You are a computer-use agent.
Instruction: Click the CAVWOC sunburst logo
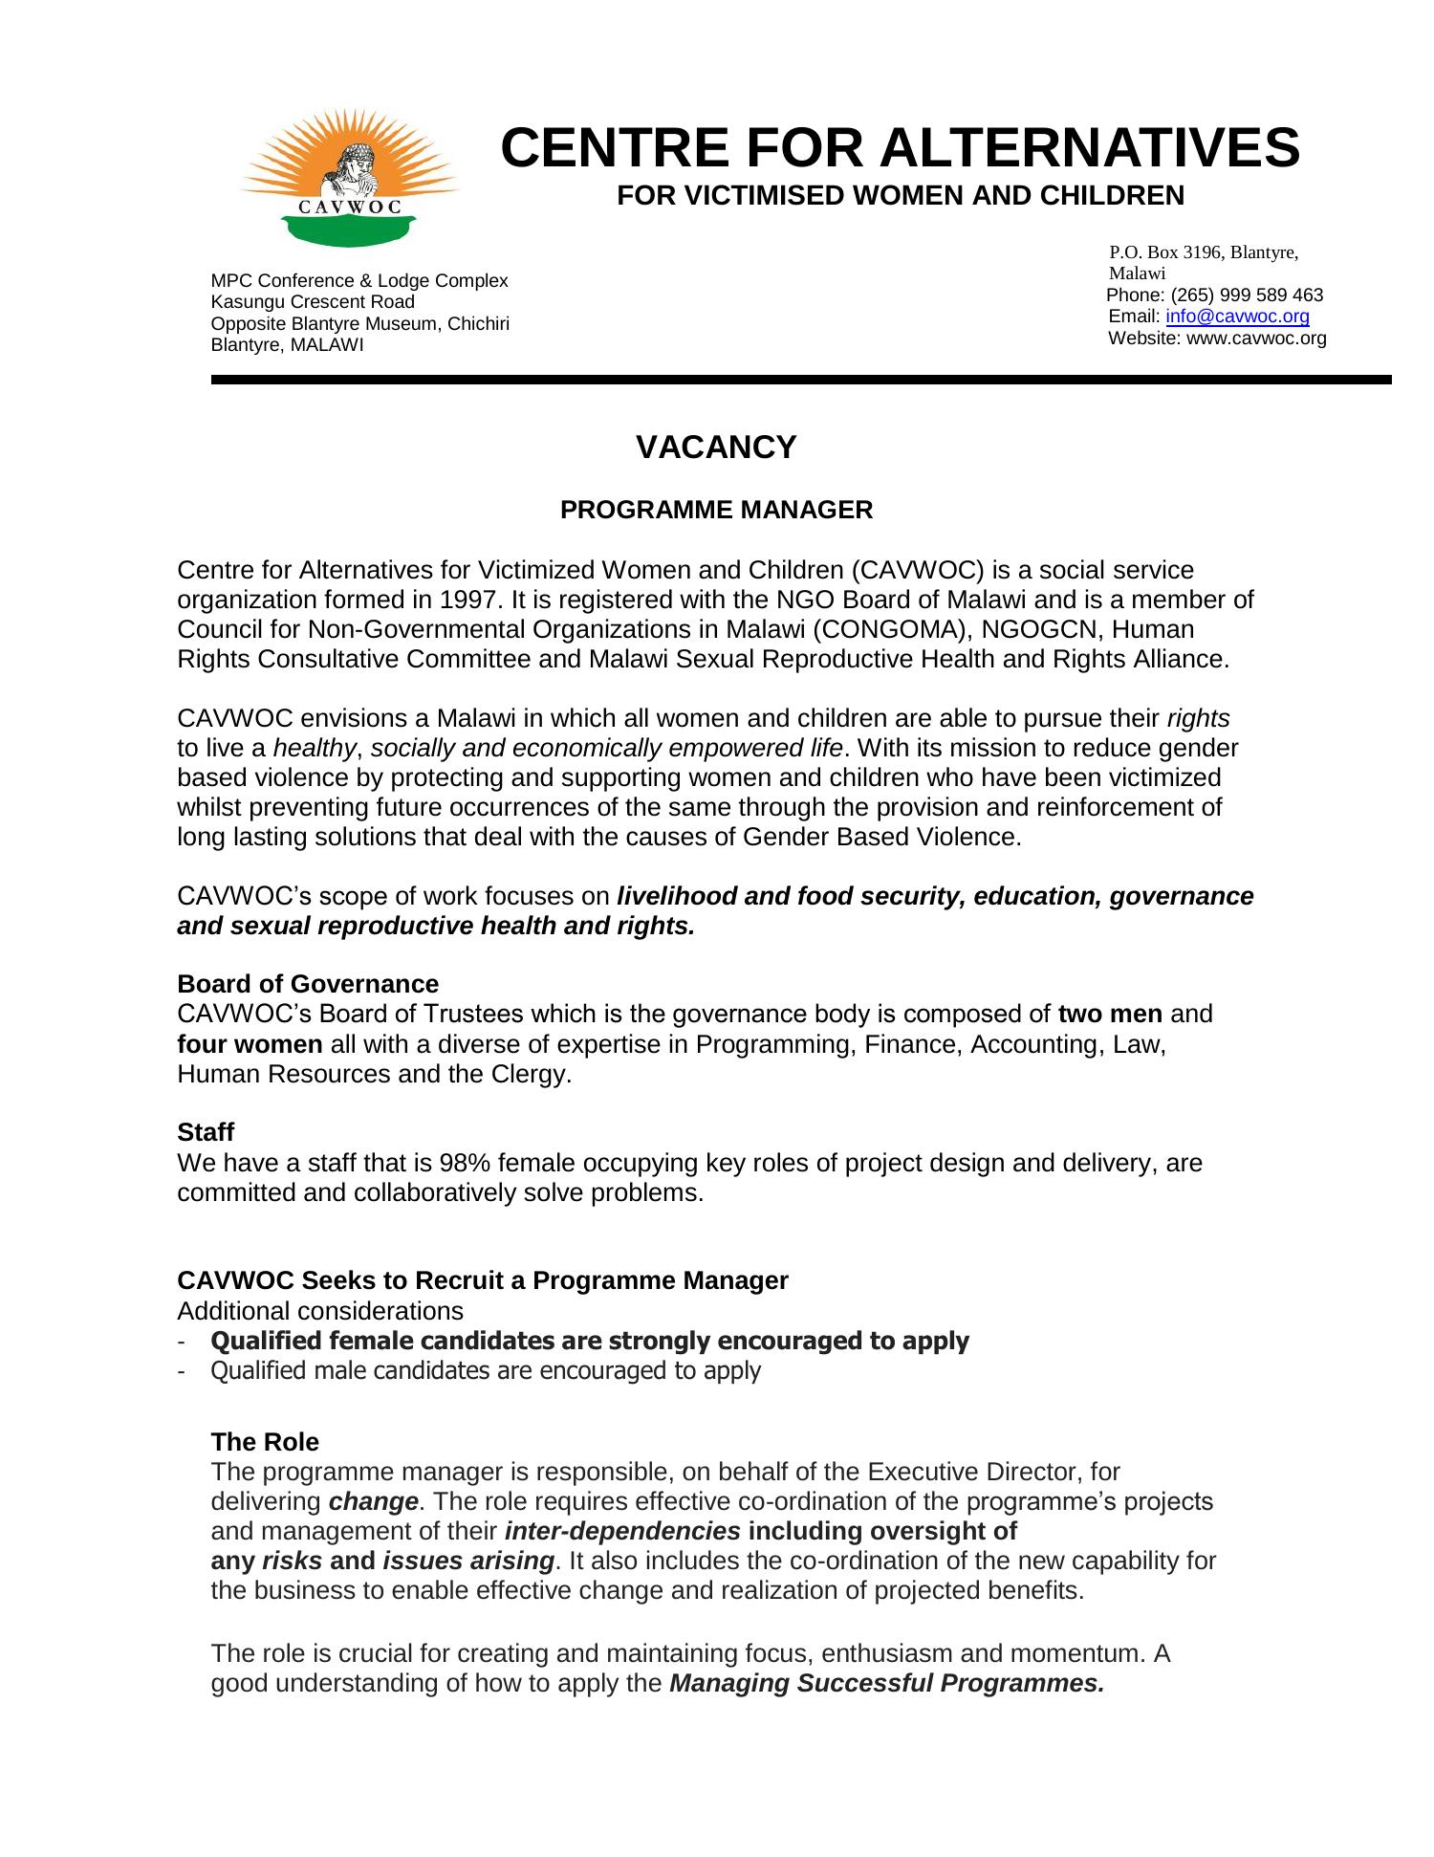[349, 178]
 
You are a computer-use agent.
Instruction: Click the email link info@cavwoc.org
[1237, 317]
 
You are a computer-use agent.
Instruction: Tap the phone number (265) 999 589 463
[1247, 295]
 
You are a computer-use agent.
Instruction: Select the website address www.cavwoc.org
[1256, 339]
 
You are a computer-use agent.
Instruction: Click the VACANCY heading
[716, 448]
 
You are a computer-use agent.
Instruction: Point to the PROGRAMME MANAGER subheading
[716, 511]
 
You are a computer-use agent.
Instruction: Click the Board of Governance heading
[308, 984]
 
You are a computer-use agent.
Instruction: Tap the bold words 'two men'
[1110, 1014]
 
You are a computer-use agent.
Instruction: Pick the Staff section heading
[206, 1132]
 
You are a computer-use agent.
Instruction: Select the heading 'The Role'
[265, 1442]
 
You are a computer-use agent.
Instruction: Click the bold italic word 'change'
[373, 1501]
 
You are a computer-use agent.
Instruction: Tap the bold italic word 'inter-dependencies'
[621, 1531]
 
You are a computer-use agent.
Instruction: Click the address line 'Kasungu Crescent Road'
[313, 302]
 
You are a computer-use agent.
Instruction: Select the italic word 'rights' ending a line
[1198, 718]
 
